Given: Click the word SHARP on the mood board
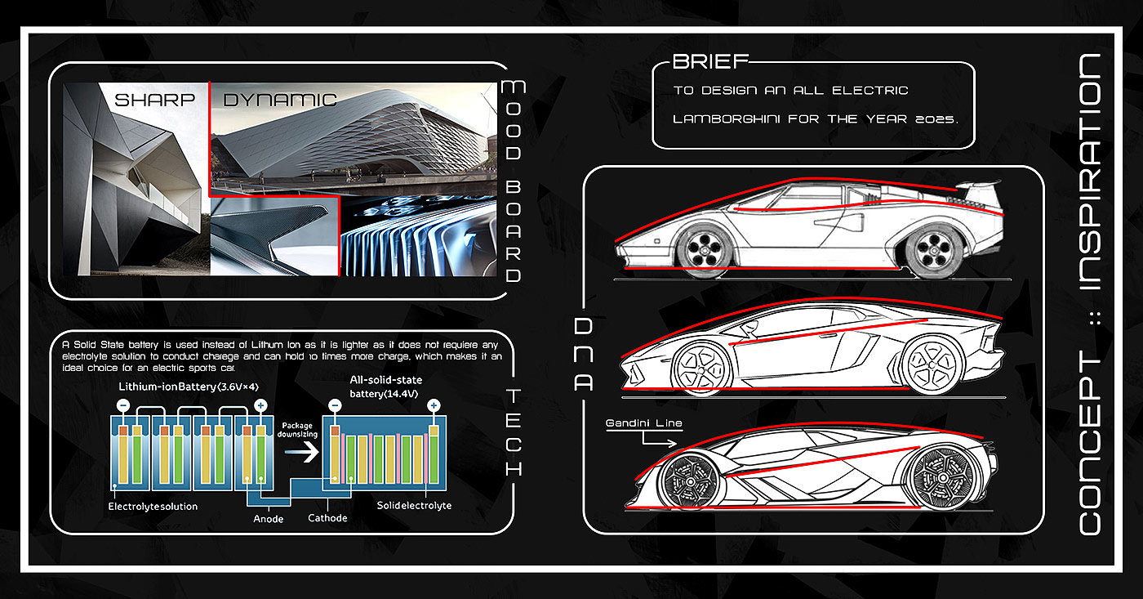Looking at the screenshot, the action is pyautogui.click(x=154, y=101).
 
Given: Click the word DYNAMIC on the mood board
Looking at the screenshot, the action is pyautogui.click(x=280, y=101).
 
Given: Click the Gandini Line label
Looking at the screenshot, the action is pyautogui.click(x=643, y=423).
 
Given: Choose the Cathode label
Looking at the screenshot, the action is pyautogui.click(x=327, y=518).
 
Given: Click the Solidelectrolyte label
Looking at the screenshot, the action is pyautogui.click(x=414, y=506).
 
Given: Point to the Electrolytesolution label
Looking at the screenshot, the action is pyautogui.click(x=153, y=507).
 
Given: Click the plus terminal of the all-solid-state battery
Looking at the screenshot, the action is pyautogui.click(x=434, y=405).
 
